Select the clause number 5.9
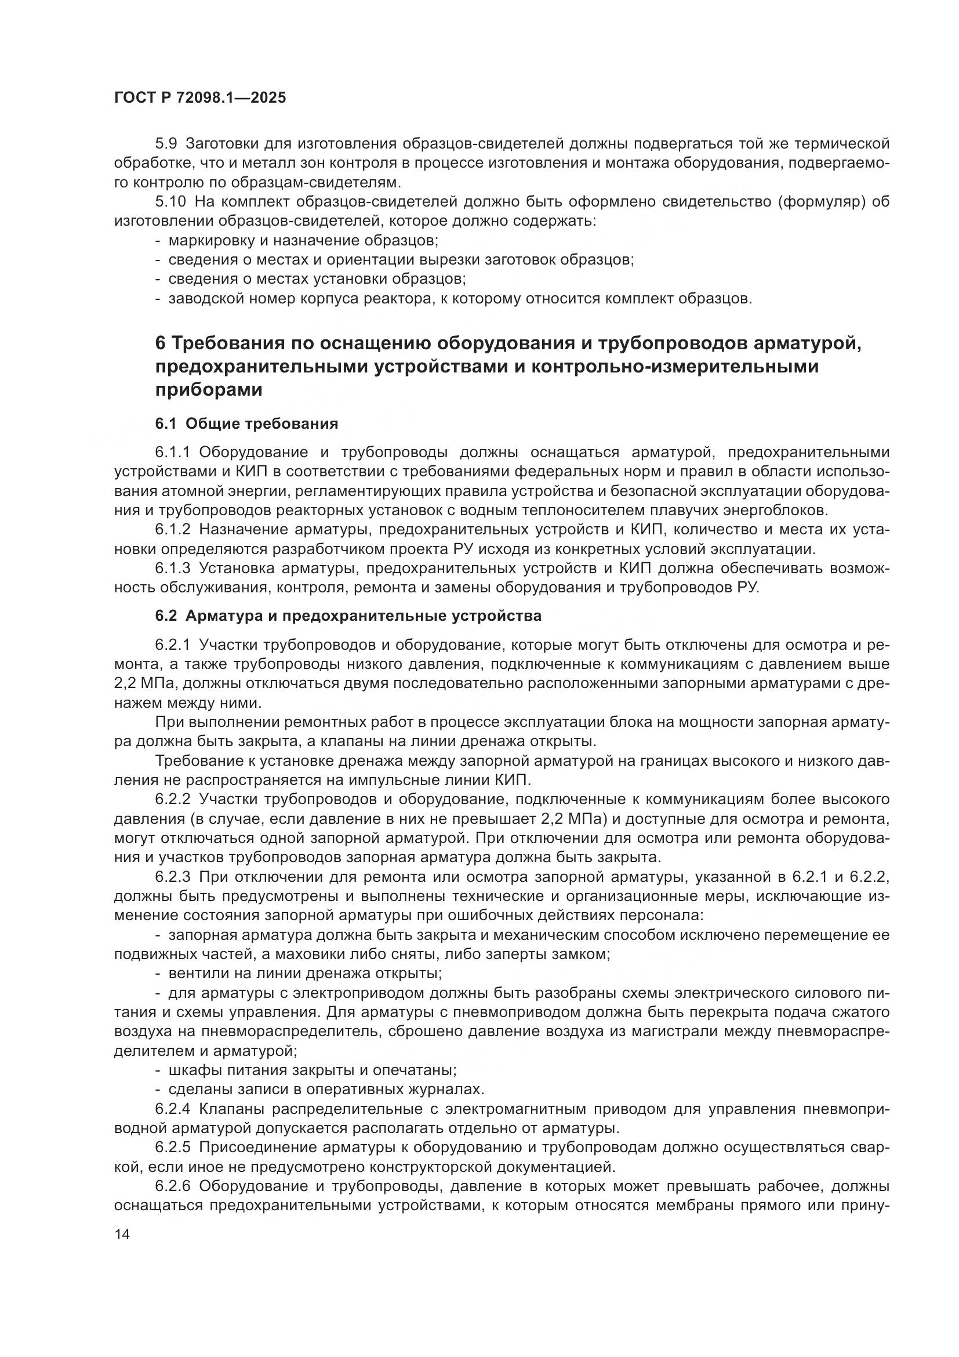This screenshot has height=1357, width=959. tap(167, 144)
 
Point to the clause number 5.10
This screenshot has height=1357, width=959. tap(170, 201)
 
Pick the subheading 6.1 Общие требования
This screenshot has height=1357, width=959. tap(247, 423)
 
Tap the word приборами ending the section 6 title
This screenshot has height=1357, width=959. tap(209, 390)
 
